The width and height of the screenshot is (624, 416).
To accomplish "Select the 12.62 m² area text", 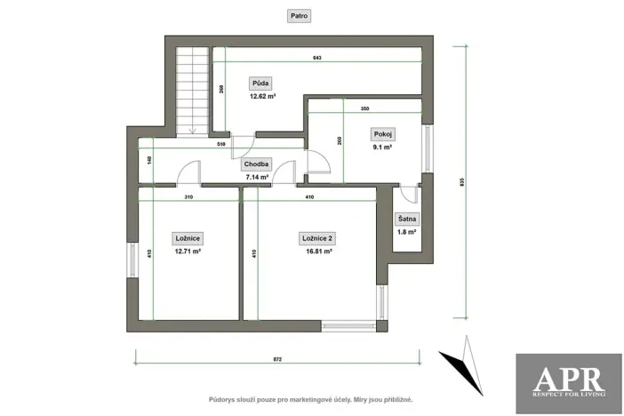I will (x=262, y=95).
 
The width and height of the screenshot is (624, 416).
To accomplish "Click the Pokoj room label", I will (x=383, y=134).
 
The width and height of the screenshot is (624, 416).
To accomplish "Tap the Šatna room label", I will (x=407, y=219).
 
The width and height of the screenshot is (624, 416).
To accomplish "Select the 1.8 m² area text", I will (x=407, y=232).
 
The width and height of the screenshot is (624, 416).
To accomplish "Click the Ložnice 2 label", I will (x=317, y=238).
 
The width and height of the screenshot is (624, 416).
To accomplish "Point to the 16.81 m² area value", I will (x=317, y=252).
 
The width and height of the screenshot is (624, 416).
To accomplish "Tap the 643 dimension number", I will (x=316, y=58).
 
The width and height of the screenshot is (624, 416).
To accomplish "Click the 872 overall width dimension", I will (x=276, y=358).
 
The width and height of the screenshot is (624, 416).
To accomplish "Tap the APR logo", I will (x=568, y=382).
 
